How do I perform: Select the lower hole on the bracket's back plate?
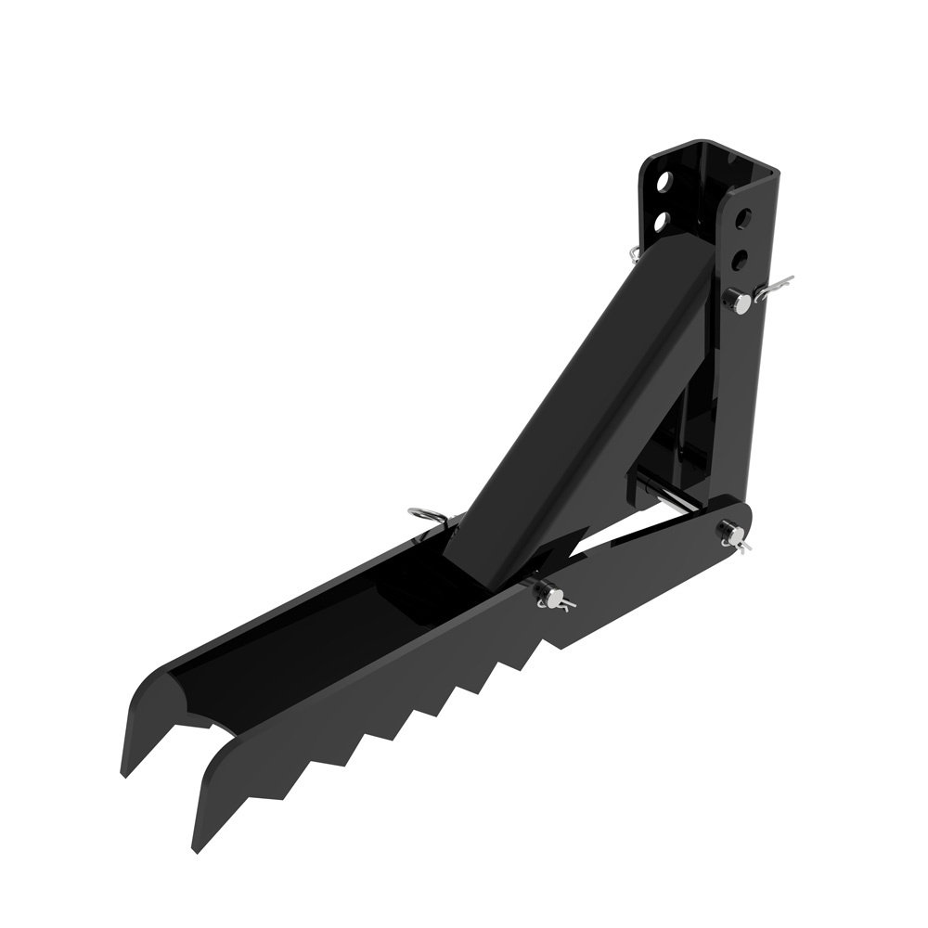[x=662, y=221]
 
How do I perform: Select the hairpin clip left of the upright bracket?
[x=633, y=251]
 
